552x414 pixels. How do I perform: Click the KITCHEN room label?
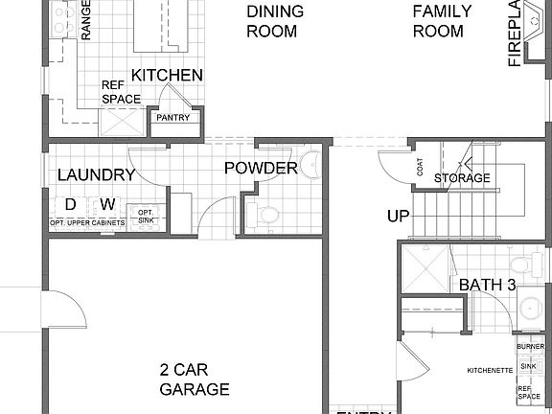click(x=167, y=76)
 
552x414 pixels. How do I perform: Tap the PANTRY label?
click(x=173, y=119)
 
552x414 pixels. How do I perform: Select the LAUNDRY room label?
click(x=95, y=175)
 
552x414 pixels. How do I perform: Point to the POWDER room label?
click(x=261, y=169)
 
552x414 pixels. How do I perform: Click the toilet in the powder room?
click(x=267, y=215)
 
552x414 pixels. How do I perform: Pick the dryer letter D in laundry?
click(x=70, y=204)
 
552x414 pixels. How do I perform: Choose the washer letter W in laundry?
click(x=107, y=204)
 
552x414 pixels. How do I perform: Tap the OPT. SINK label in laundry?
click(x=147, y=216)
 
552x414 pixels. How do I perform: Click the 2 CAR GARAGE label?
click(x=195, y=379)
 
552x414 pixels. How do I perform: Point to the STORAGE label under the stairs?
click(x=462, y=178)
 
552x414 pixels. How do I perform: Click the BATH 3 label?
click(x=487, y=285)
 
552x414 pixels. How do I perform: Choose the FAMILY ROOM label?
click(x=443, y=21)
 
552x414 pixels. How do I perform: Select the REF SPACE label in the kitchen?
click(x=122, y=92)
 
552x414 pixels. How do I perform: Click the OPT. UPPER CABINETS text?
click(x=87, y=224)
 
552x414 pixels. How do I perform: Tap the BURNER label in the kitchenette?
click(x=530, y=346)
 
